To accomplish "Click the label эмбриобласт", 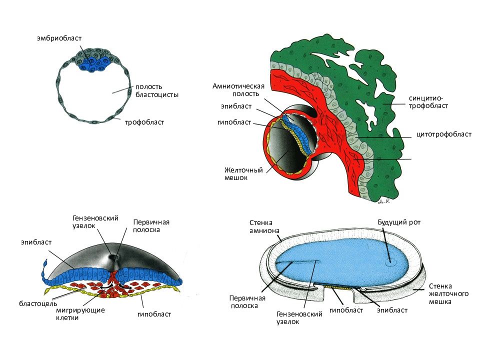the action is [x=59, y=38].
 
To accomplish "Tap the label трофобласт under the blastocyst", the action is [x=144, y=122].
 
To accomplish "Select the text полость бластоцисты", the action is [x=156, y=90].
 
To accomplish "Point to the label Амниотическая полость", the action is [x=238, y=90].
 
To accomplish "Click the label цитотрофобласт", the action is [x=444, y=134].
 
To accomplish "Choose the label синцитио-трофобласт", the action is [x=428, y=102].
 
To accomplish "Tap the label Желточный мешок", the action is [x=243, y=173].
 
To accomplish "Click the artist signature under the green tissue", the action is [x=384, y=201].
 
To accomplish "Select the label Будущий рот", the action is [x=399, y=222].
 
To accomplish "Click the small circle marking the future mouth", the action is [x=389, y=262].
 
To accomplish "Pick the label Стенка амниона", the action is [x=264, y=226].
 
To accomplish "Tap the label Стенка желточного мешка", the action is [x=448, y=294].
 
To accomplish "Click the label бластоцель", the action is [x=38, y=303].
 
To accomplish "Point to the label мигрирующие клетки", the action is [x=80, y=314].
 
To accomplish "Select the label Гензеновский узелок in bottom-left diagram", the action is [x=95, y=222].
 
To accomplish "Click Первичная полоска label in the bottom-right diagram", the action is [x=247, y=302].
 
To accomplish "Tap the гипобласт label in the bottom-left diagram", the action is [x=154, y=314].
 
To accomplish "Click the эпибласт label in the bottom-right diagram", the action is [x=392, y=310].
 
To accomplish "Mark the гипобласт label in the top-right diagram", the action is [x=234, y=122].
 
